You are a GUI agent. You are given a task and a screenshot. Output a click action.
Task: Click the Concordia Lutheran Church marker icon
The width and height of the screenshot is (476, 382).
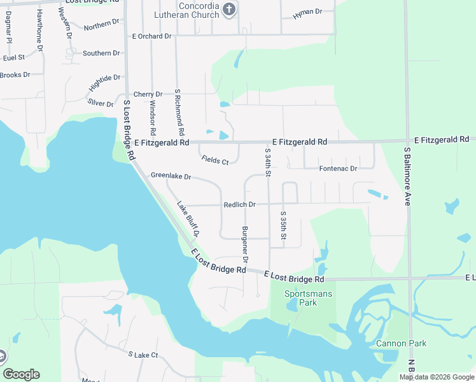coord(230,10)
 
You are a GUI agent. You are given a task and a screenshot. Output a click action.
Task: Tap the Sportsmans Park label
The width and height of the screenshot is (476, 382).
coord(300,298)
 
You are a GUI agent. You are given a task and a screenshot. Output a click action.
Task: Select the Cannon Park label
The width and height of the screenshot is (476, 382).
coord(401,344)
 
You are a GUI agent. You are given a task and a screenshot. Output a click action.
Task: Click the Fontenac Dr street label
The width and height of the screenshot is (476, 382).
coord(338,169)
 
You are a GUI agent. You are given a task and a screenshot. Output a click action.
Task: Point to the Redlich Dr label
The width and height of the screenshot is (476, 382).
coord(239,204)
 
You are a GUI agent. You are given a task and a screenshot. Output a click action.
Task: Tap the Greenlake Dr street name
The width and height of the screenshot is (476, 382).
coord(171,176)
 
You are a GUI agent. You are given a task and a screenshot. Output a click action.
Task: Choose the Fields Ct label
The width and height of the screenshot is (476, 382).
coord(214,161)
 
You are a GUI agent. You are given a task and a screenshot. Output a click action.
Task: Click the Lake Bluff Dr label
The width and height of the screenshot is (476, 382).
coord(187,218)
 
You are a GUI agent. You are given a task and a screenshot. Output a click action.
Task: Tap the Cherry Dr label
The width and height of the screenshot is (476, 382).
coord(148,94)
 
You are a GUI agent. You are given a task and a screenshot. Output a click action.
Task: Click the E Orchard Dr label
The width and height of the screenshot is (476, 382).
coord(152,36)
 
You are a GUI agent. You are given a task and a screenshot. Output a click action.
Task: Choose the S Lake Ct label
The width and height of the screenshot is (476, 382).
coord(143,354)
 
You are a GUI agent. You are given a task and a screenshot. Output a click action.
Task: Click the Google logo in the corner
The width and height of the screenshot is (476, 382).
coord(21,374)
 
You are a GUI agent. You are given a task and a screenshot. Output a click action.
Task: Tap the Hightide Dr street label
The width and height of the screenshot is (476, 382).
coord(106,82)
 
